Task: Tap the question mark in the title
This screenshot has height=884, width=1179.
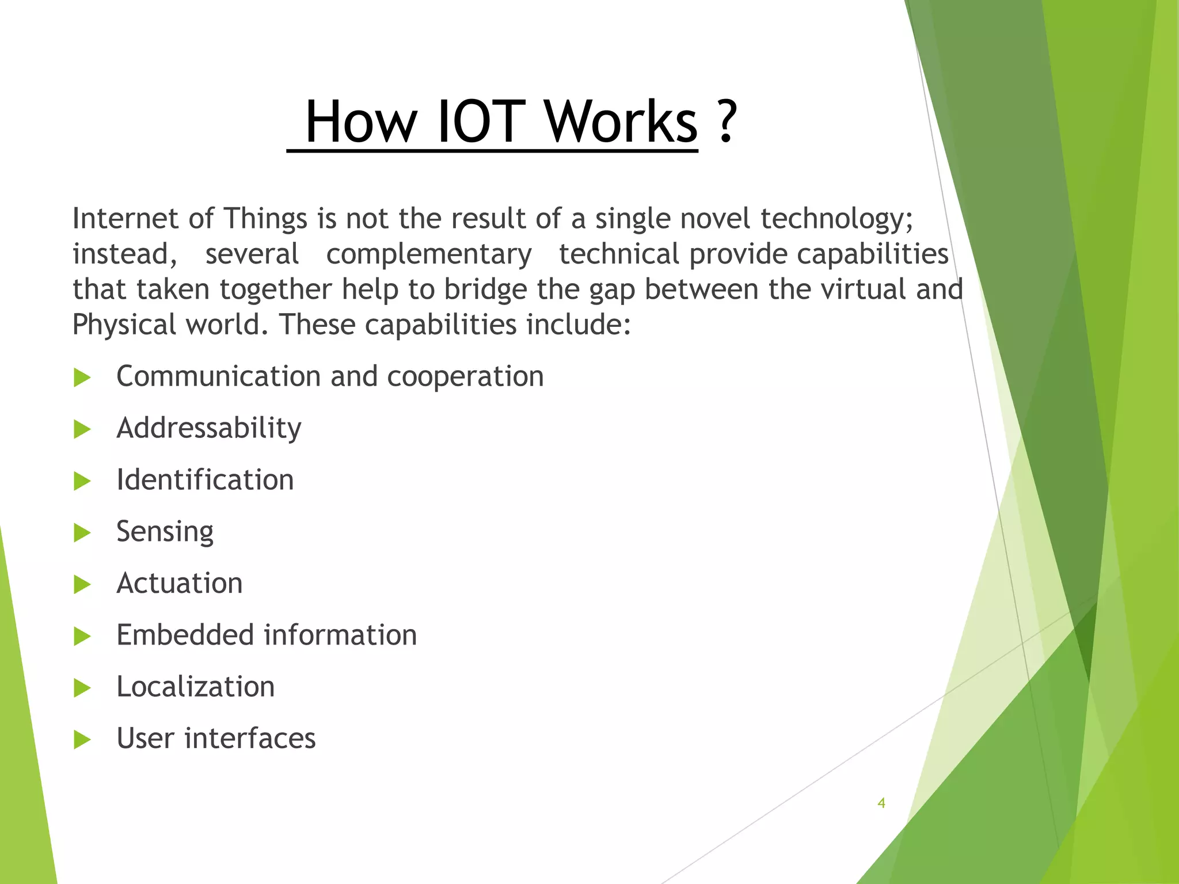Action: (727, 121)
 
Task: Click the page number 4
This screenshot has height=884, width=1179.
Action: (881, 803)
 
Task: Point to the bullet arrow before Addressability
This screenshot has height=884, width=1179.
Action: (82, 429)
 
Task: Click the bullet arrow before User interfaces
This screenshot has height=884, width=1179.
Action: (82, 740)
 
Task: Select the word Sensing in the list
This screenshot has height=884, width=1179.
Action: (165, 532)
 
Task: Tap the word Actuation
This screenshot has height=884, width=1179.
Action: (180, 584)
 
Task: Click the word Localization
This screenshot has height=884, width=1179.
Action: (196, 687)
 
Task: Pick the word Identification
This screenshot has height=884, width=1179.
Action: (205, 480)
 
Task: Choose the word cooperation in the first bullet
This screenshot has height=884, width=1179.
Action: (465, 377)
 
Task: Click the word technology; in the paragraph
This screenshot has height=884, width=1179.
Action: (836, 219)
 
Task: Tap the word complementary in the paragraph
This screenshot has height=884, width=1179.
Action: (429, 254)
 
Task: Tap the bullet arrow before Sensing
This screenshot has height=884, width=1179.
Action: (82, 533)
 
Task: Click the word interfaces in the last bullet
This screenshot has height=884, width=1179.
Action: (250, 739)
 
